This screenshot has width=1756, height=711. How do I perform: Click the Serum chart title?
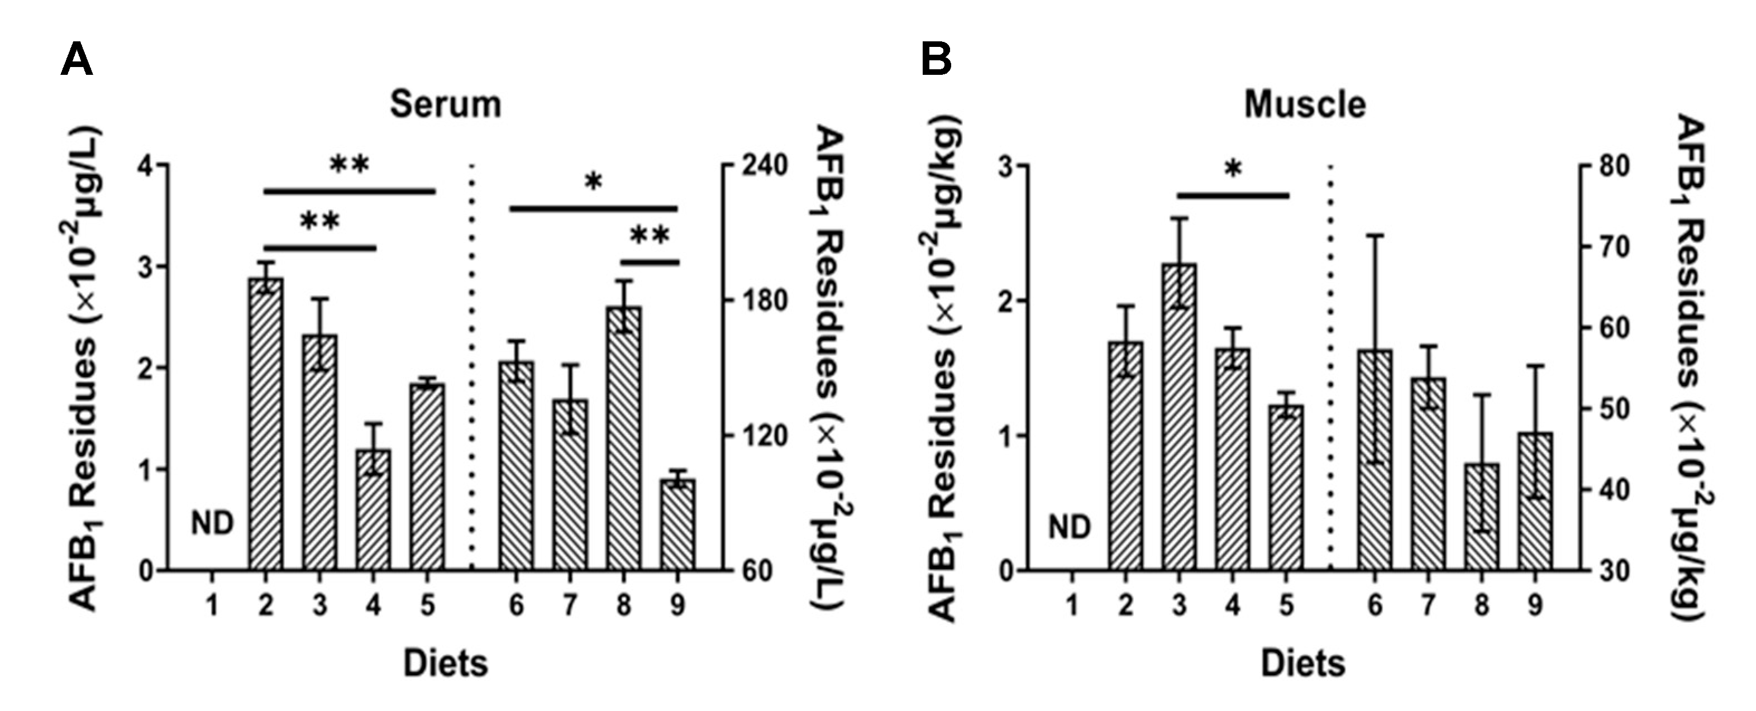[445, 105]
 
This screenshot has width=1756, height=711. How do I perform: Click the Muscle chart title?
[1305, 105]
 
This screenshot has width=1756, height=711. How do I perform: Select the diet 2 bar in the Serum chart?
[266, 423]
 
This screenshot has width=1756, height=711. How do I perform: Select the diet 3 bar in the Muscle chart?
[1179, 416]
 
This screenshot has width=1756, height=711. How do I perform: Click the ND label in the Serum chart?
[212, 523]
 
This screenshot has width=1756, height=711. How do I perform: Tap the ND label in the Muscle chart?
[1069, 526]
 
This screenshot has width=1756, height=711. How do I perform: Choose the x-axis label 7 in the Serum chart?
[570, 605]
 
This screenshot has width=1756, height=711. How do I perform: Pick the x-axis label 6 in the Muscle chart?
[1375, 605]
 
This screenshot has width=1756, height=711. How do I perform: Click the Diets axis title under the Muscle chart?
[1302, 664]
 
